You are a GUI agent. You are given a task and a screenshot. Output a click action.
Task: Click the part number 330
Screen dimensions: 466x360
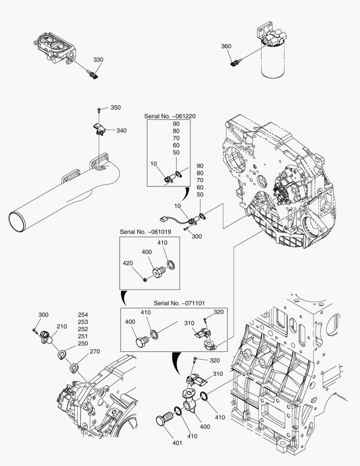pyautogui.click(x=98, y=60)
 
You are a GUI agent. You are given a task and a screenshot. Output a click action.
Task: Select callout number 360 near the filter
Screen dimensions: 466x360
pyautogui.click(x=226, y=47)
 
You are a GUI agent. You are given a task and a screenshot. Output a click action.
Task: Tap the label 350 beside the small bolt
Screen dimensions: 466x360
pyautogui.click(x=116, y=107)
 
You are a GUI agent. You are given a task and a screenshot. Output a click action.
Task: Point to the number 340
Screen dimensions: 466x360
pyautogui.click(x=121, y=131)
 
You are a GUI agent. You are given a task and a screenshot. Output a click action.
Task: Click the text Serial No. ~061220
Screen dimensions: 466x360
pyautogui.click(x=170, y=116)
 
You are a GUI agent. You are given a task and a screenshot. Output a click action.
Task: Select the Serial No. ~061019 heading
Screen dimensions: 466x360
pyautogui.click(x=145, y=232)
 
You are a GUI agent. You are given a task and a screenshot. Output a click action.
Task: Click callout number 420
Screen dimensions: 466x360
pyautogui.click(x=128, y=263)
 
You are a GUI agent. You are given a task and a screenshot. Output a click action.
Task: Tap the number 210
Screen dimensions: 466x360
pyautogui.click(x=62, y=327)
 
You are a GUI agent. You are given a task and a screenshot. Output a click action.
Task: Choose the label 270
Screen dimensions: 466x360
pyautogui.click(x=94, y=352)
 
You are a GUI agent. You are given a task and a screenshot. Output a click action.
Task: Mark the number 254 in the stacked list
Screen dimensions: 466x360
pyautogui.click(x=83, y=315)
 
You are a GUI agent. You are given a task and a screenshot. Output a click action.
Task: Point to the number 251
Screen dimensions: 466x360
pyautogui.click(x=83, y=336)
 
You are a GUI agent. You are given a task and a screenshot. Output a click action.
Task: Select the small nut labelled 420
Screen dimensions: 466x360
pyautogui.click(x=145, y=281)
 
